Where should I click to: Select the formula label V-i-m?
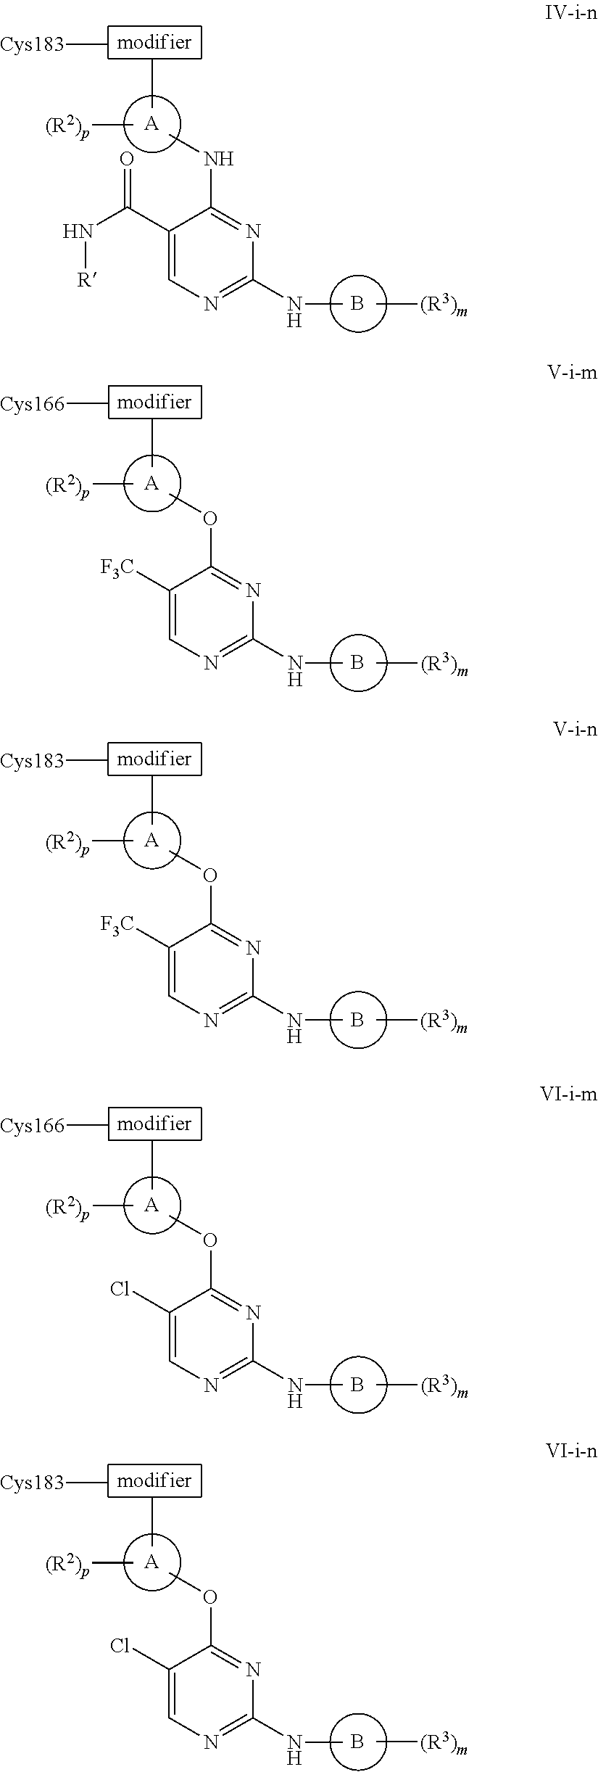pos(571,373)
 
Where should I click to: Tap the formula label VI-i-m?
pos(568,1095)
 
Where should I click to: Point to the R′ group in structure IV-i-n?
pos(88,279)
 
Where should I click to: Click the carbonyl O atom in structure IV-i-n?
pos(127,160)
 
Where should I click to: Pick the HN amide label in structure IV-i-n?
pos(78,232)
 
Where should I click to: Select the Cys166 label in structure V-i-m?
pos(33,404)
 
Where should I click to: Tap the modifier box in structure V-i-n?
pos(154,759)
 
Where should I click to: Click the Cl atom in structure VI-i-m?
pos(120,1288)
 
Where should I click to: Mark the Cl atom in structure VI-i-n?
pos(120,1645)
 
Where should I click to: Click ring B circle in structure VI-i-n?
pos(357,1742)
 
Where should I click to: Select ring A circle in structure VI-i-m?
pos(151,1206)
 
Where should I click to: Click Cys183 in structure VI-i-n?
pos(33,1483)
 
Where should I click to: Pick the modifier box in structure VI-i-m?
pos(154,1124)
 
